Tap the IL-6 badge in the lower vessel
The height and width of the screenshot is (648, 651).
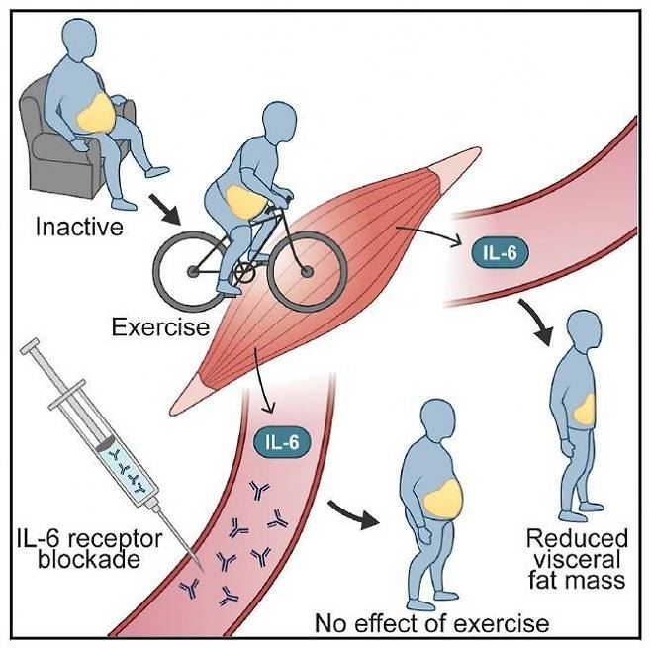pyautogui.click(x=283, y=442)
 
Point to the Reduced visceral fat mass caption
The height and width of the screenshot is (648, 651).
pyautogui.click(x=577, y=558)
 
